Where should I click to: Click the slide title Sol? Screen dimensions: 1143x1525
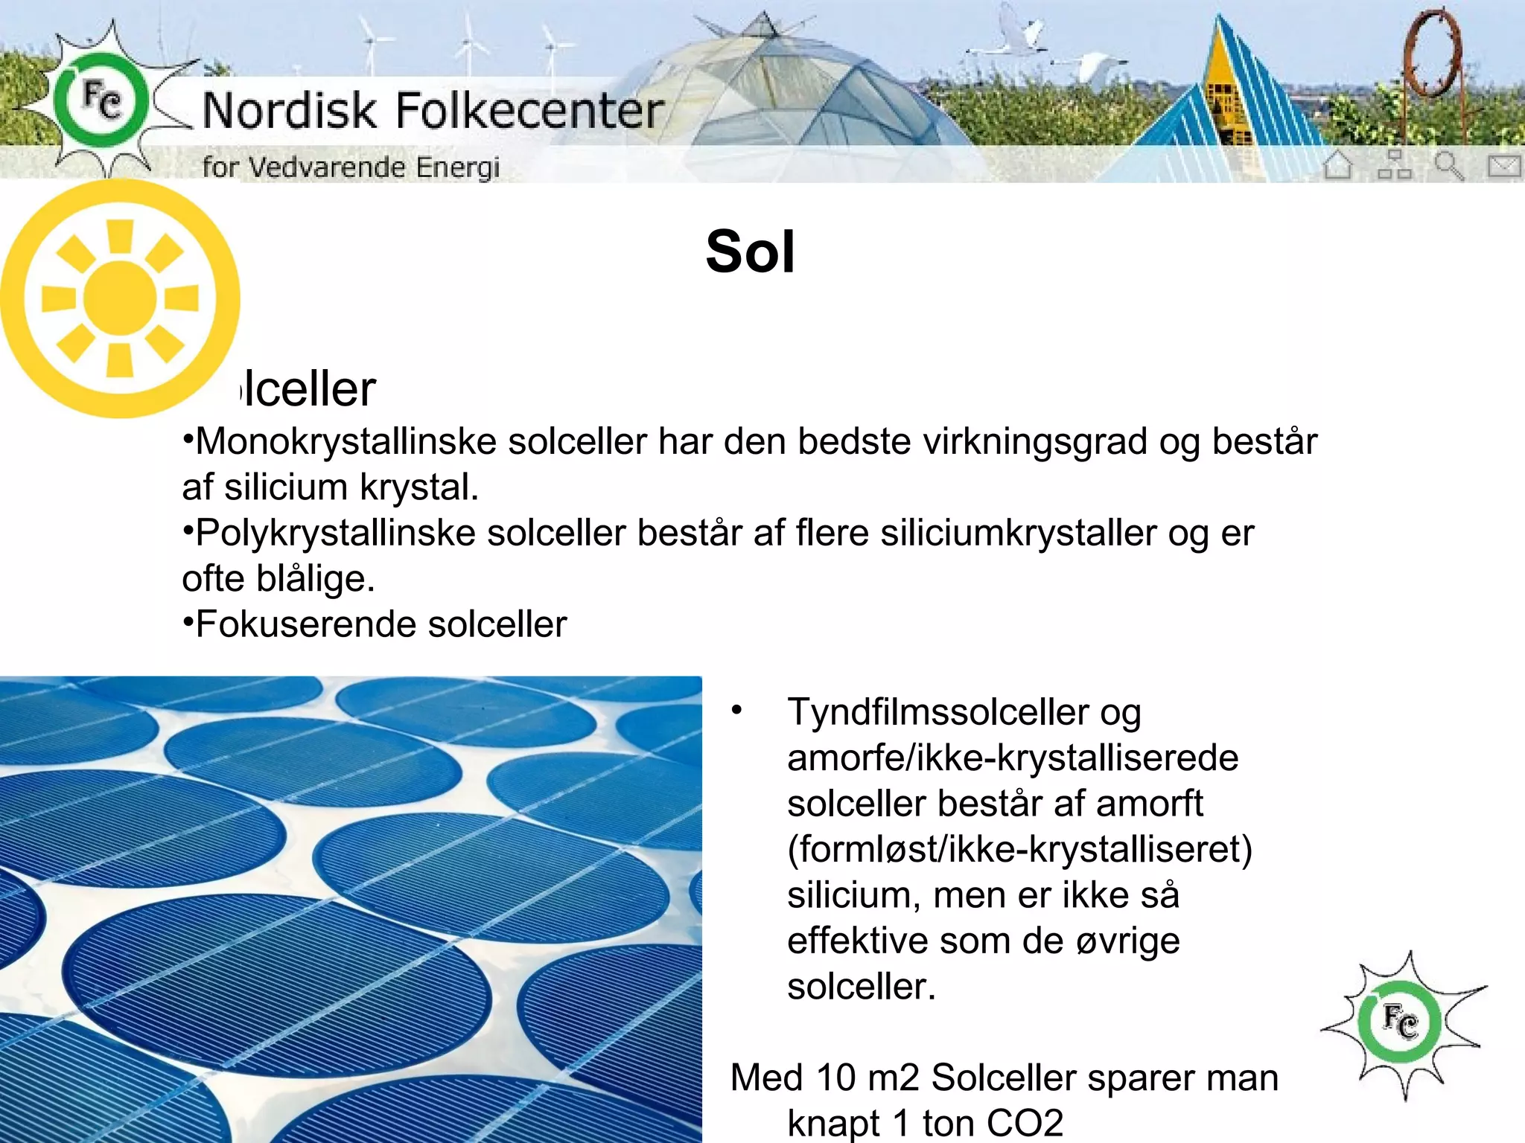click(x=750, y=252)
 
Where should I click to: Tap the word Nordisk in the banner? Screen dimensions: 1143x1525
click(x=290, y=111)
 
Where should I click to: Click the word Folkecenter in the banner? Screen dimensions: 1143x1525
click(x=529, y=111)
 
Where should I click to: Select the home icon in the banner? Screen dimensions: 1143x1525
click(x=1338, y=164)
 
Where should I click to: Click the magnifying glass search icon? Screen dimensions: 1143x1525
click(x=1448, y=165)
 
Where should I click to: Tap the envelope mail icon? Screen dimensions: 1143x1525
click(x=1503, y=165)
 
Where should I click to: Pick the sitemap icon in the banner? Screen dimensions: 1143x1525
click(x=1394, y=164)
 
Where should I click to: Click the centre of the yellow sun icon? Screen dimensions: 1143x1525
click(x=119, y=298)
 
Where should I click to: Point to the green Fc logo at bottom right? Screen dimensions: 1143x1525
click(x=1399, y=1022)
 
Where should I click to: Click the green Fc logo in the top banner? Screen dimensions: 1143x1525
click(x=101, y=100)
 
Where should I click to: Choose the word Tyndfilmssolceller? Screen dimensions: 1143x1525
click(x=937, y=712)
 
